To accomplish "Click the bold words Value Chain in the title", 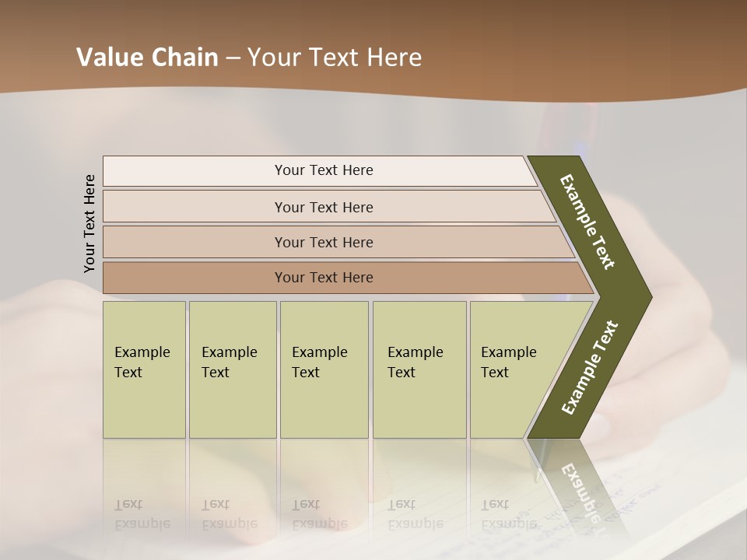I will [147, 58].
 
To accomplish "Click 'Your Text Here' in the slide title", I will [335, 58].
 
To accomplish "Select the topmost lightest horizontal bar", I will [323, 170].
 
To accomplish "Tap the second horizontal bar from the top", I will [323, 207].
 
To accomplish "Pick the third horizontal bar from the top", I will [323, 242].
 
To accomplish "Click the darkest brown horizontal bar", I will [323, 278].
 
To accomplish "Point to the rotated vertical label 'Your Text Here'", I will [89, 223].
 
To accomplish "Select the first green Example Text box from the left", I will [144, 369].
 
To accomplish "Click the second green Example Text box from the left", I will [232, 369].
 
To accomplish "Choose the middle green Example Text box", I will [324, 369].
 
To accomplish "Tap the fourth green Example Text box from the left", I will [419, 369].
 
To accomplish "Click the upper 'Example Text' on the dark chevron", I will [587, 221].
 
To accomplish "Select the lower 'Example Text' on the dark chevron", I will [590, 367].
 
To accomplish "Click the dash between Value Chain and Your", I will [233, 58].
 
